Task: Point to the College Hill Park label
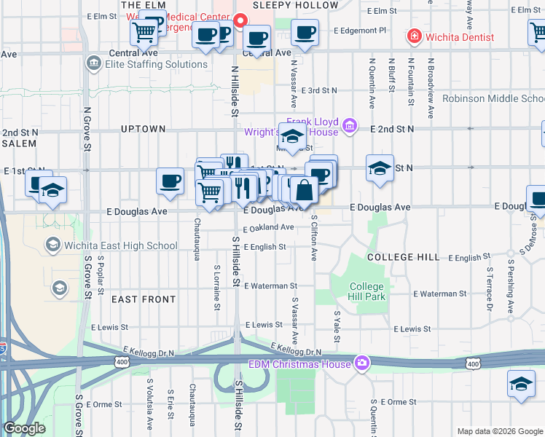(x=366, y=291)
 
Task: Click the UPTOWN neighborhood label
(x=143, y=129)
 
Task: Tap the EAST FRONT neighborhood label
(x=144, y=299)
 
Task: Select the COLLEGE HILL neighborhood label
(x=403, y=257)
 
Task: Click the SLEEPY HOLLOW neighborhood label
(x=295, y=5)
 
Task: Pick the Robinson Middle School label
(x=493, y=98)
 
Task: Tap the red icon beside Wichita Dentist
(x=414, y=36)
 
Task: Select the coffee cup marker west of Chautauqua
(x=170, y=181)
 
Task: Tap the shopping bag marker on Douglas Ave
(x=304, y=191)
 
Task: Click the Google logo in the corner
(x=24, y=428)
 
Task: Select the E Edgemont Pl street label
(x=360, y=31)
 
